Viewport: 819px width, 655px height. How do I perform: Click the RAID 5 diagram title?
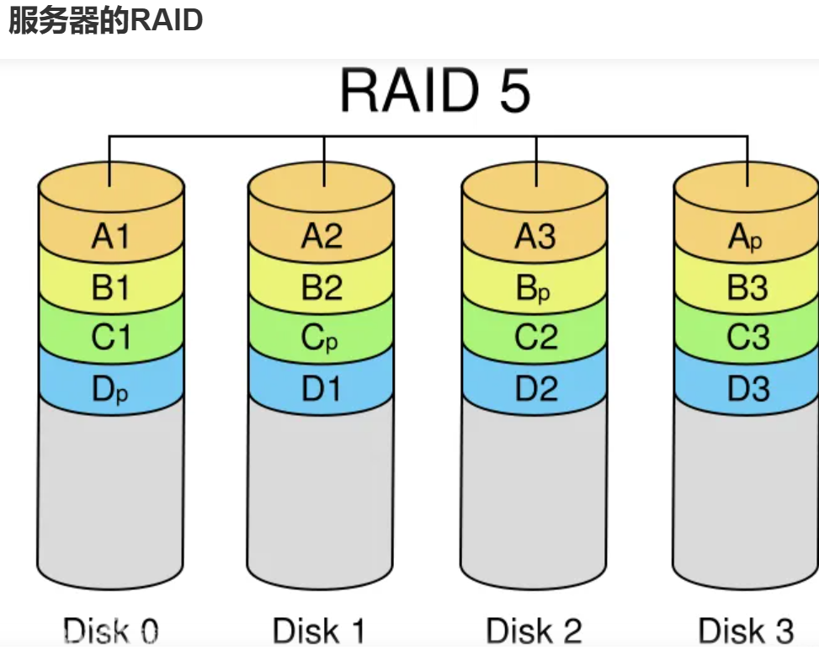435,91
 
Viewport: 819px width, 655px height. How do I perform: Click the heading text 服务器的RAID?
105,20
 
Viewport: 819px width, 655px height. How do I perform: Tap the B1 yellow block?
111,289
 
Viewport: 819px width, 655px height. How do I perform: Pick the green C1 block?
111,338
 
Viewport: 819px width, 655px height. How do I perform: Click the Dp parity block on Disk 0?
111,390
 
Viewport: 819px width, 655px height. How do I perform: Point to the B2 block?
322,289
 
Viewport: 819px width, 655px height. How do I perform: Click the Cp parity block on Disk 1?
322,338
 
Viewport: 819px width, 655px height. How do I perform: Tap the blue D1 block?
322,390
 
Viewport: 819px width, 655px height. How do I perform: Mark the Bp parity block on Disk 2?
535,289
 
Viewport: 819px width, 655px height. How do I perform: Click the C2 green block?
535,338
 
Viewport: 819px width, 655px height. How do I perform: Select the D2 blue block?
535,390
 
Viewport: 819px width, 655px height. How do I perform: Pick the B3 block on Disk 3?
747,289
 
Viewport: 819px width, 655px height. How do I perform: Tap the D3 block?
747,390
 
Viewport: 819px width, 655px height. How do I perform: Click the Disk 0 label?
111,631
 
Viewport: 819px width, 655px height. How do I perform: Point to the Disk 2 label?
534,631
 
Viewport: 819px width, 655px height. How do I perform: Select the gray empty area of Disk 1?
322,497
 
